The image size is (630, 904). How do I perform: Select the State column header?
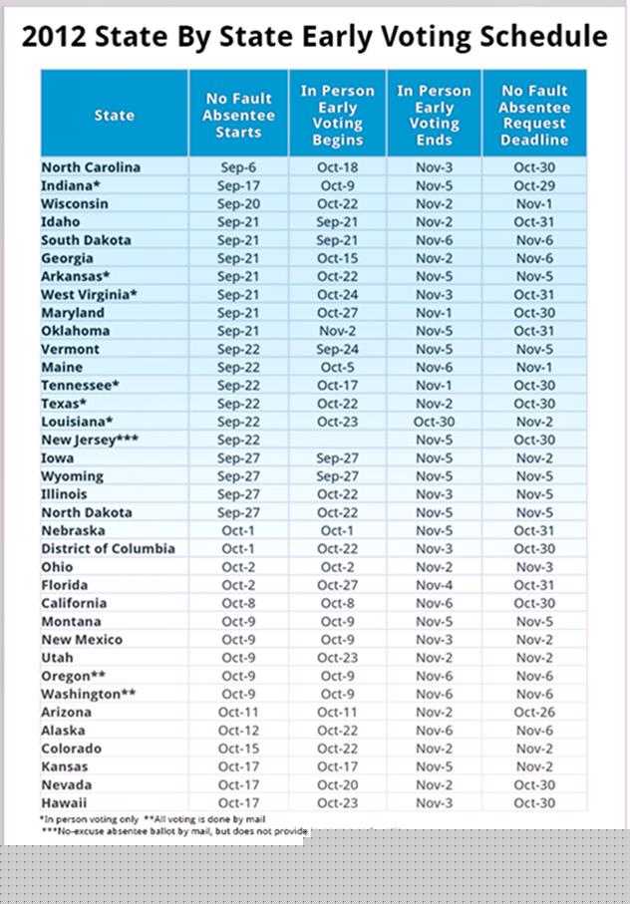click(x=114, y=116)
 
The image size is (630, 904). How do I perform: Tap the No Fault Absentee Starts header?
click(x=238, y=116)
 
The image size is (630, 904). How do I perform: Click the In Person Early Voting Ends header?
click(x=434, y=116)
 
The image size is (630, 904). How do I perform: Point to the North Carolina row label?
click(x=91, y=167)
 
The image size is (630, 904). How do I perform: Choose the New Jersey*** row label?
click(x=90, y=440)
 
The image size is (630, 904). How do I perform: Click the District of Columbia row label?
click(x=108, y=548)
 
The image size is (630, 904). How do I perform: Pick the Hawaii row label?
click(x=64, y=802)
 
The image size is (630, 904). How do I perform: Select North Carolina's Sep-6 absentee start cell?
click(x=238, y=167)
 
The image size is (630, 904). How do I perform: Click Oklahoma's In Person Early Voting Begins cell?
click(x=337, y=331)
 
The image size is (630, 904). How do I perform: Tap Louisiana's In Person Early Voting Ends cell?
click(x=434, y=422)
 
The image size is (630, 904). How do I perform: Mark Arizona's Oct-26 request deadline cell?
click(x=533, y=712)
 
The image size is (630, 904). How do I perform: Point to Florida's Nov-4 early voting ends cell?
click(x=434, y=585)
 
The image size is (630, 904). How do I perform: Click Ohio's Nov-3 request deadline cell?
click(x=533, y=567)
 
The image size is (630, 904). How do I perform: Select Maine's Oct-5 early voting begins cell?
click(x=337, y=367)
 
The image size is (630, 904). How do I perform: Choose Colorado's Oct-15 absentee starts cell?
click(x=238, y=749)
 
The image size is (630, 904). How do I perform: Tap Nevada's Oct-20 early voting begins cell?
click(x=337, y=784)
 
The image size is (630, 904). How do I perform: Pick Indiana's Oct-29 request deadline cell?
click(x=533, y=185)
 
